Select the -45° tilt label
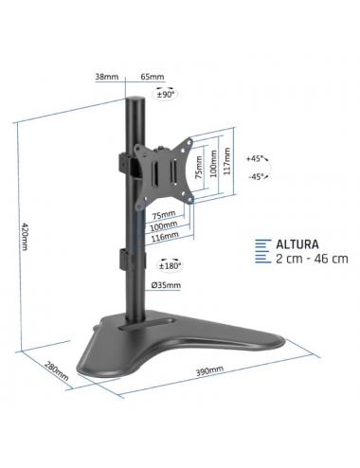tap(255, 176)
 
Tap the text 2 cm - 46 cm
tap(313, 258)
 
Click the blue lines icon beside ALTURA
tap(263, 250)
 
